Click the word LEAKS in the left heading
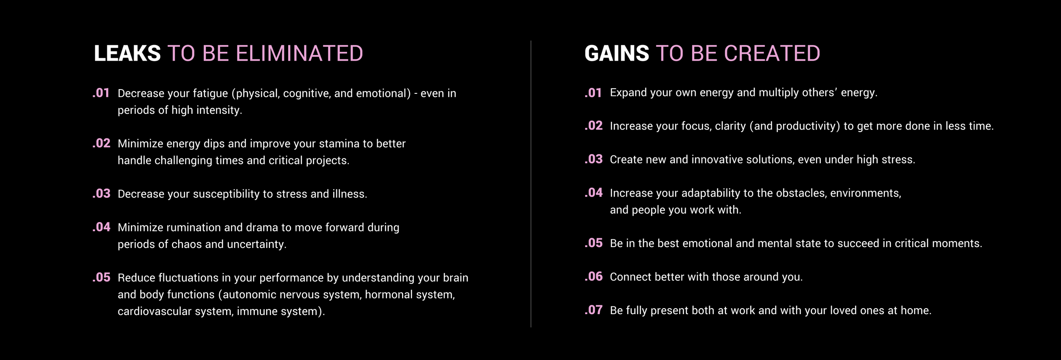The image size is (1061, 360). pos(127,53)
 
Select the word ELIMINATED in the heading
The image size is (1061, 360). pos(299,53)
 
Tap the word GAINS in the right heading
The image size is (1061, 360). pos(617,53)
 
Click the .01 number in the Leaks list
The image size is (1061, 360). pos(101,93)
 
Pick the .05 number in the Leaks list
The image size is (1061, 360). pos(101,277)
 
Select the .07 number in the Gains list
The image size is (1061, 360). pos(593,310)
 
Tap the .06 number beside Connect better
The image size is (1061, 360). pos(593,276)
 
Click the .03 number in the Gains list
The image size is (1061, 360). pos(593,159)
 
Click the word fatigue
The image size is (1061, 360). pos(211,93)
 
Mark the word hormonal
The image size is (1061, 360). pos(388,295)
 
